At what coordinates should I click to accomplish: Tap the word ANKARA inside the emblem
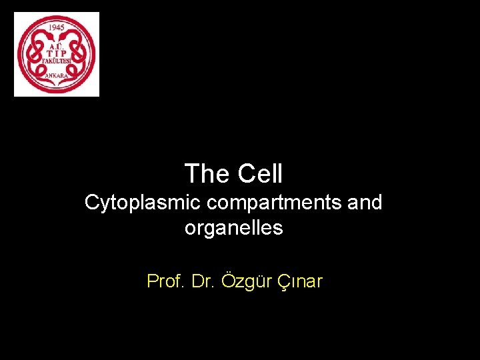click(57, 76)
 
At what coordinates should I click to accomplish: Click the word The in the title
click(206, 174)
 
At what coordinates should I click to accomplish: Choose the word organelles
click(233, 228)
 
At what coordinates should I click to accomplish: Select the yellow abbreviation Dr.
click(201, 281)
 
